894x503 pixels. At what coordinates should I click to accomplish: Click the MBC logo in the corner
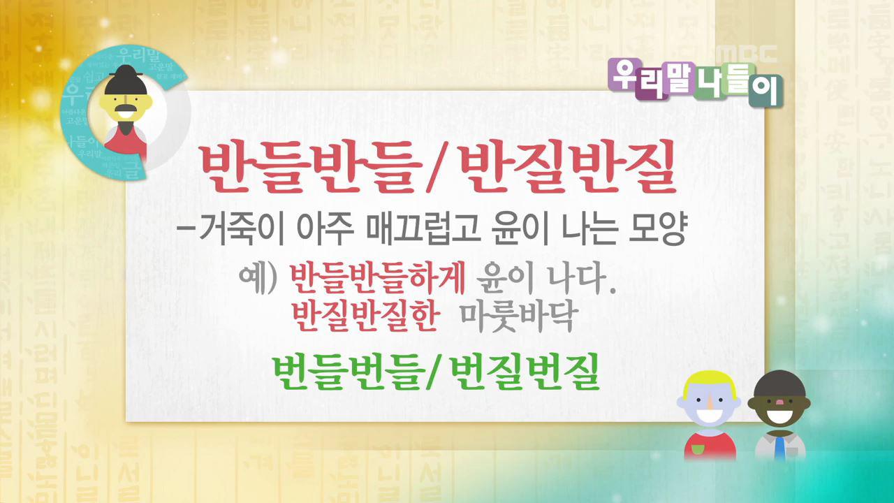(x=746, y=54)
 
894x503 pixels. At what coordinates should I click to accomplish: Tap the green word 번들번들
(x=345, y=372)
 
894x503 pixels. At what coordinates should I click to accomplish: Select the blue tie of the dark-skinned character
(x=779, y=447)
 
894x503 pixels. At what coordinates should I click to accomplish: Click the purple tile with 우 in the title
(x=623, y=73)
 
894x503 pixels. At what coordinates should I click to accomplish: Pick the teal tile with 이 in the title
(x=766, y=94)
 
